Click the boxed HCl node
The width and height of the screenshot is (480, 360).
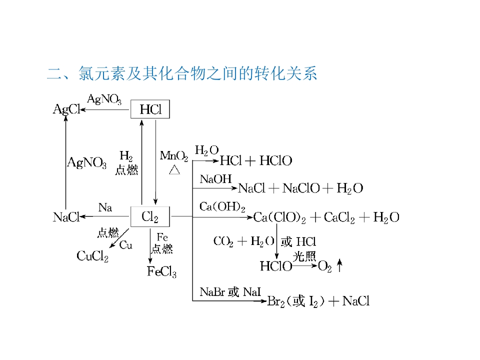coord(150,109)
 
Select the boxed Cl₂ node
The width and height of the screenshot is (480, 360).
coord(150,217)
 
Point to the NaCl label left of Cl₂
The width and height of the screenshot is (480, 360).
coord(66,217)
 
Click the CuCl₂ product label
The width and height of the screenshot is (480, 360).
coord(92,256)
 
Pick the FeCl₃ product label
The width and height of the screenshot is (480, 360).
coord(161,271)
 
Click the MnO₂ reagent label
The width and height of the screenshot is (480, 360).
coord(174,156)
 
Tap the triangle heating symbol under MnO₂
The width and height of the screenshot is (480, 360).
coord(174,170)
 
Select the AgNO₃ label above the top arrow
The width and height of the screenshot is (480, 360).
coord(104,99)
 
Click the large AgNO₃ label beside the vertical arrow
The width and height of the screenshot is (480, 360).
coord(87,162)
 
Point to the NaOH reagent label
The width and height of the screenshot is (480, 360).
coord(212,179)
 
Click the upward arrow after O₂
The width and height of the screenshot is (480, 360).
coord(339,266)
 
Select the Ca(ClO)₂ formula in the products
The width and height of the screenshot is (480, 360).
coord(279,217)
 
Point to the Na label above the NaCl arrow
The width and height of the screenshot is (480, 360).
coord(105,207)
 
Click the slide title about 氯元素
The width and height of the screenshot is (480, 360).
coord(182,74)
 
